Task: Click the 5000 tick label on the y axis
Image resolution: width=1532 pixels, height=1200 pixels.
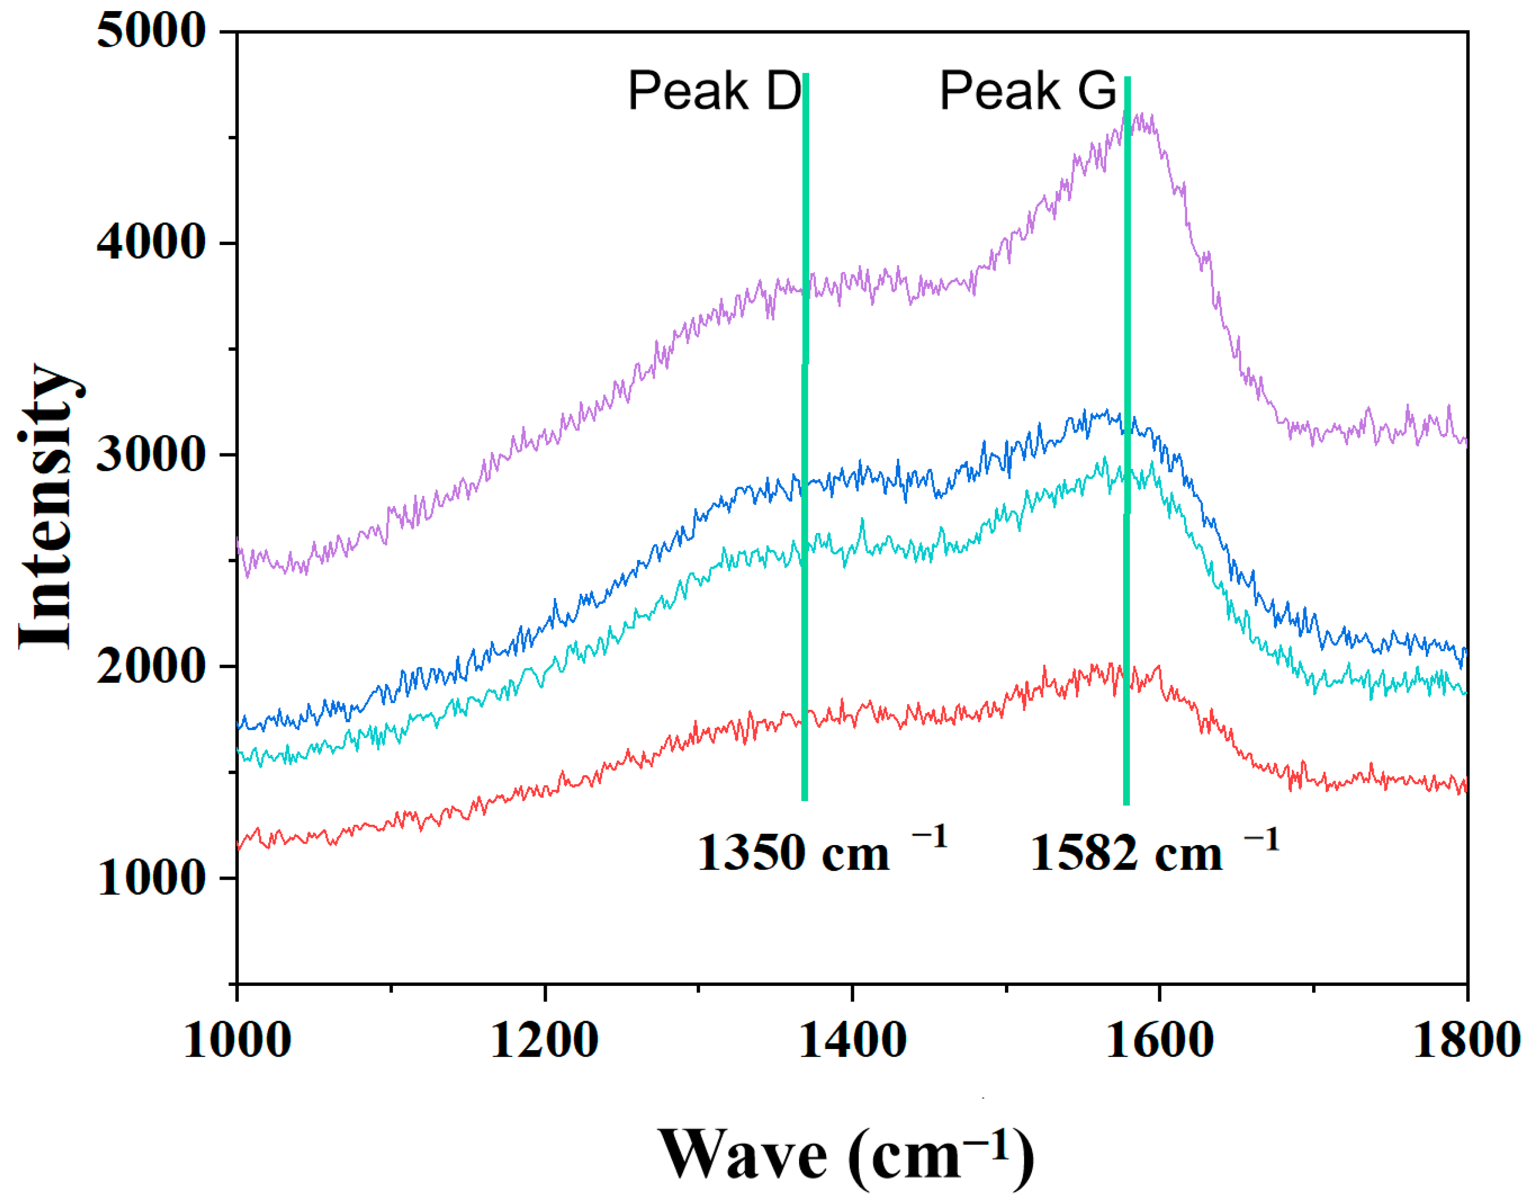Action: tap(150, 32)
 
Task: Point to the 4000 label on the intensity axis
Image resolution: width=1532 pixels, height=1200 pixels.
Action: tap(150, 243)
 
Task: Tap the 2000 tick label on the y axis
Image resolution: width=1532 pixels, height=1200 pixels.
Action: tap(150, 666)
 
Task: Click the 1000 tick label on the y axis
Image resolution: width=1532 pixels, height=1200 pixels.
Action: tap(150, 878)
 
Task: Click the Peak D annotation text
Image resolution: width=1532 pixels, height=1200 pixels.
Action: tap(714, 91)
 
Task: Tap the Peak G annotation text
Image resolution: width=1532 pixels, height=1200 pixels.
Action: tap(1027, 91)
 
